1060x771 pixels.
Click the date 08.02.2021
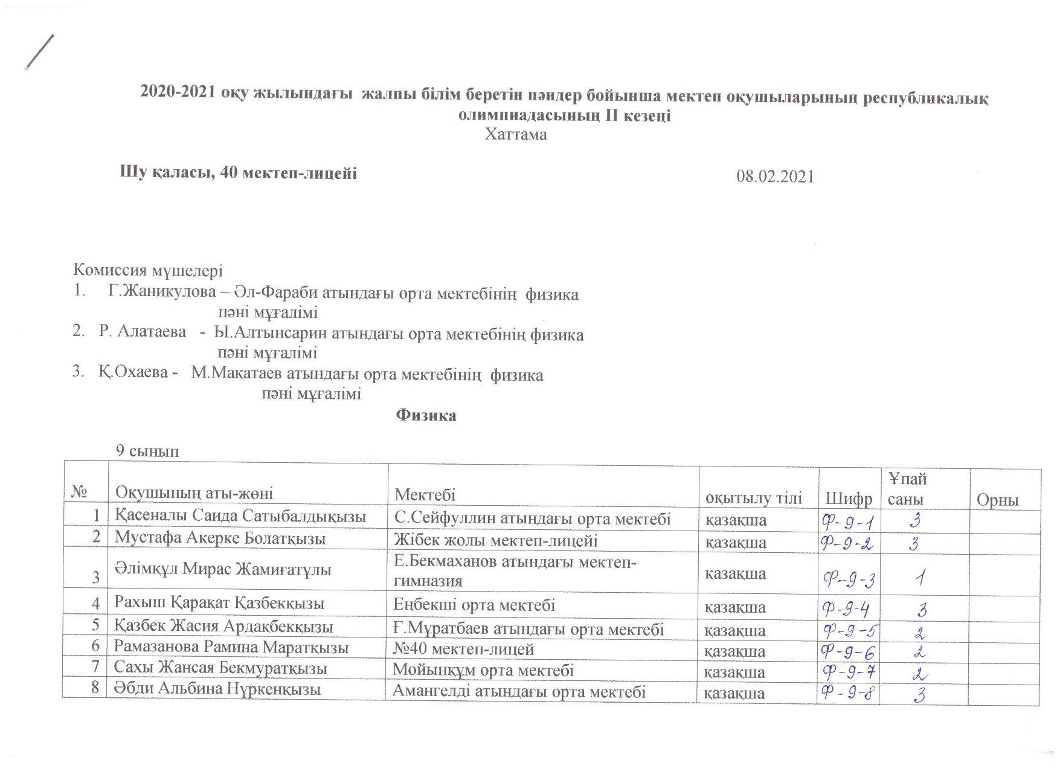coord(775,176)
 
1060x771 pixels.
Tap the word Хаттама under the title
coord(516,135)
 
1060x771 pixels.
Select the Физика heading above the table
coord(426,416)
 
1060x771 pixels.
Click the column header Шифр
coord(849,499)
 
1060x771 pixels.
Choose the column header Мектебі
coord(425,494)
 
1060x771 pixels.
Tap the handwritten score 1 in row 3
coord(920,579)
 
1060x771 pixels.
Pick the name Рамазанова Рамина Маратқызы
coord(231,648)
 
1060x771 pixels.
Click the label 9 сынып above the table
coord(147,451)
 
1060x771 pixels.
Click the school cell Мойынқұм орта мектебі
coord(483,669)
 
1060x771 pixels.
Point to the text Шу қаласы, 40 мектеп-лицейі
coord(239,173)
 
